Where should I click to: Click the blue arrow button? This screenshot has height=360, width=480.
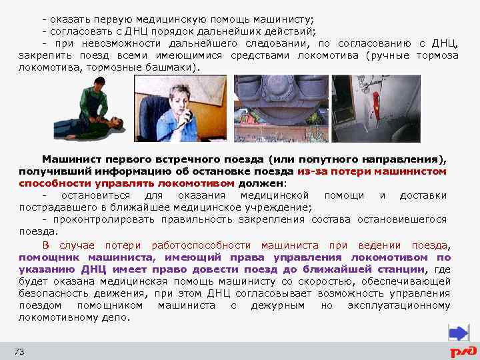pos(458,333)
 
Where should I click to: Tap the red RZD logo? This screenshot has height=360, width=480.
pos(463,351)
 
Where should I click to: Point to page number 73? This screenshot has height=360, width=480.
pos(19,351)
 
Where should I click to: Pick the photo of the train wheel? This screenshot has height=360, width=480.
pos(280,108)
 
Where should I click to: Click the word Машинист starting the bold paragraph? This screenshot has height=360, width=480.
pos(66,160)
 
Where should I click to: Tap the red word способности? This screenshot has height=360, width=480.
pos(51,183)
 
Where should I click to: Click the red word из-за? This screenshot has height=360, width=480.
pos(311,171)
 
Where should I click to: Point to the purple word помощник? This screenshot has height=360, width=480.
pos(47,257)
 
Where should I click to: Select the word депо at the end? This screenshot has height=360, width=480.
pos(116,317)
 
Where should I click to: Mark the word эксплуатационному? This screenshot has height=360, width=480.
pos(399,305)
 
